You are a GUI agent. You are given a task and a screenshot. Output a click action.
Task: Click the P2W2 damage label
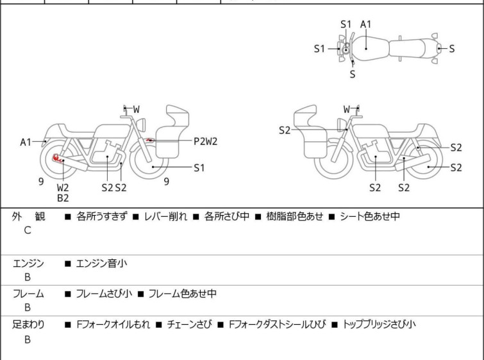pos(206,141)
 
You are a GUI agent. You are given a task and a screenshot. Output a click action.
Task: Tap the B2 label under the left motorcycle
pos(63,198)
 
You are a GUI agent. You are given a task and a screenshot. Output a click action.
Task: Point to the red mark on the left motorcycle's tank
pos(150,139)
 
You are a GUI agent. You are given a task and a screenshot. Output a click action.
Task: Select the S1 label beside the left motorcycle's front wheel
pos(199,167)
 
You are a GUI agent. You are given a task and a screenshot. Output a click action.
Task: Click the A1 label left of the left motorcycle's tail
pos(26,142)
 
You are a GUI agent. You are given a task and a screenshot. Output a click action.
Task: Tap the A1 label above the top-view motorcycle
pos(366,24)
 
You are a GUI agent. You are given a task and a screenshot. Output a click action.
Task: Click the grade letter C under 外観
pos(28,230)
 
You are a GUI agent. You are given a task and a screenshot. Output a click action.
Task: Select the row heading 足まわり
pos(28,324)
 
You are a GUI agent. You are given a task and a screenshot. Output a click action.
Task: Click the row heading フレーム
pos(28,294)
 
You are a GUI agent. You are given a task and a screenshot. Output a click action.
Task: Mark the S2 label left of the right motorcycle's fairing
pos(285,130)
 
